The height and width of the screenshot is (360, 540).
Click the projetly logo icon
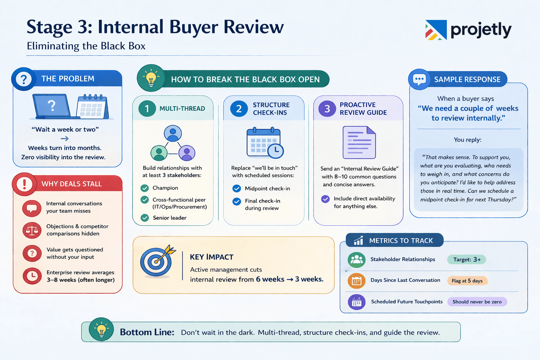436,30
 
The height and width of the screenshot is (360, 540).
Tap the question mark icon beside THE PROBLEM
24,79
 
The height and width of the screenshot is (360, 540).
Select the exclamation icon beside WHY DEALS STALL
24,184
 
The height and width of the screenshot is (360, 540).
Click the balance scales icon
32,230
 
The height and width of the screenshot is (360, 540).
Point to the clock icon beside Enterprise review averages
32,276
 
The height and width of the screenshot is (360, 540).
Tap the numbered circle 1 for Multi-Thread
147,109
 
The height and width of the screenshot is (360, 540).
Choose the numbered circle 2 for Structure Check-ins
239,109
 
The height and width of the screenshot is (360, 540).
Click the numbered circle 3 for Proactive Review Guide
327,109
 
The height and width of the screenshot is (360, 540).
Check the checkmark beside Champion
144,188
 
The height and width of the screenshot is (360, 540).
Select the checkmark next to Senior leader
144,218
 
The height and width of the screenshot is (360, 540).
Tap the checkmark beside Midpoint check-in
237,188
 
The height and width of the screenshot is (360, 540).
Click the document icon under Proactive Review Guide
359,142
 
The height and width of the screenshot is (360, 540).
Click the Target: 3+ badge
467,259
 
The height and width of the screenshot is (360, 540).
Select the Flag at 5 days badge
467,281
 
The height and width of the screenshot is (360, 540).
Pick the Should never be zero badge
477,302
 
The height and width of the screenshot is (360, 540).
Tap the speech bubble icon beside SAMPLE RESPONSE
419,79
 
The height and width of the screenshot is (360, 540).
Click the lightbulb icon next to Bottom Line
101,329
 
